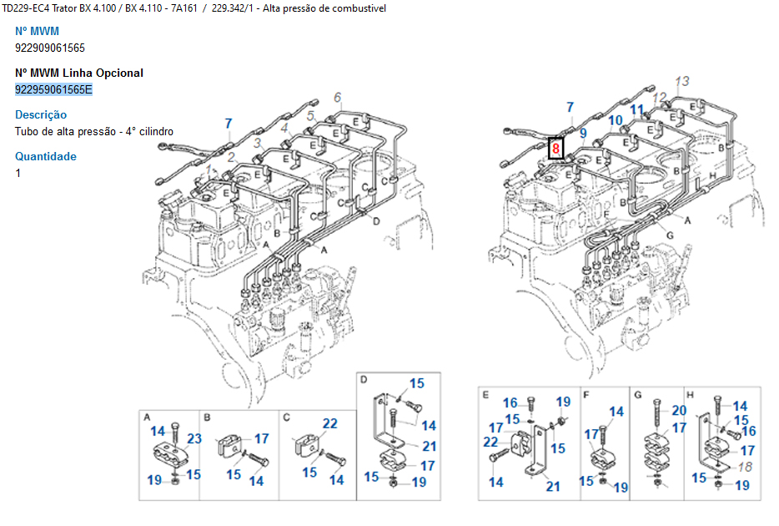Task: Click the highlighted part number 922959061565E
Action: [x=53, y=89]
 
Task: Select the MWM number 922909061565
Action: [x=50, y=48]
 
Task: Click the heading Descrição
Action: [x=41, y=114]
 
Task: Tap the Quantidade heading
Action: [x=46, y=156]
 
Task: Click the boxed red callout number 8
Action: [x=555, y=149]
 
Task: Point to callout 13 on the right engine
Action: [x=682, y=82]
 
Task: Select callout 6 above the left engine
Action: [x=338, y=98]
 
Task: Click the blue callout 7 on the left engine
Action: [x=229, y=124]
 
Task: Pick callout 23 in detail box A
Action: [x=193, y=439]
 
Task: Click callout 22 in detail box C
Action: [x=330, y=424]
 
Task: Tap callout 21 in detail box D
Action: [x=429, y=447]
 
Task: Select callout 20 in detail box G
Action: [x=679, y=410]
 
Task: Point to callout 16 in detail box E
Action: [x=510, y=402]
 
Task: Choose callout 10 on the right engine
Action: [x=615, y=120]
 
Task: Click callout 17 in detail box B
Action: [x=261, y=438]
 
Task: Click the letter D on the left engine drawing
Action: [x=376, y=221]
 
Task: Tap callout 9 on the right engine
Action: [x=583, y=133]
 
